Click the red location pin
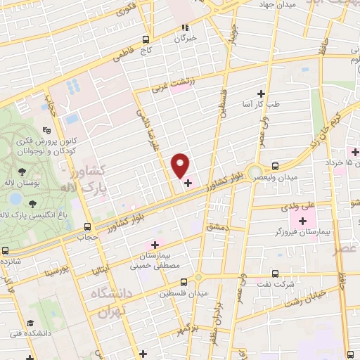[181, 165]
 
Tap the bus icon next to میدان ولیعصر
[274, 167]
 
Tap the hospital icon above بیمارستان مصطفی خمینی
[155, 244]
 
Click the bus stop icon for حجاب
[87, 226]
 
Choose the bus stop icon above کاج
[146, 39]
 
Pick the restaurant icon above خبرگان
[186, 29]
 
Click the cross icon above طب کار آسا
[262, 94]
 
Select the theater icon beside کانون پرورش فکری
[46, 129]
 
